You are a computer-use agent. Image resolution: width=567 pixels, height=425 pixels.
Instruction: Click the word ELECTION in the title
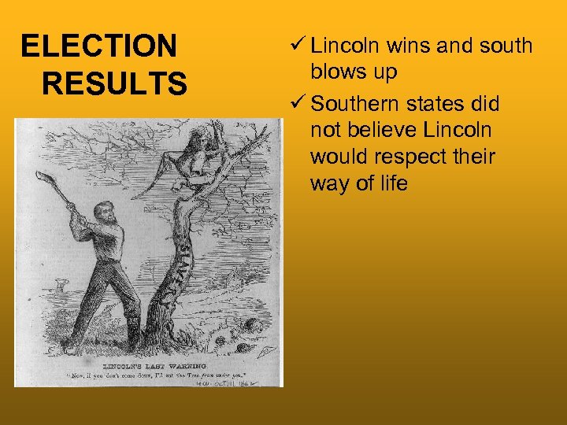pos(99,46)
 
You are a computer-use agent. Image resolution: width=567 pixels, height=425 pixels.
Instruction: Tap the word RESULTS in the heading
pos(115,82)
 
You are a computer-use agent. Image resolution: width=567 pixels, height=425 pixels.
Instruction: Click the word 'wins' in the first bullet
pos(407,46)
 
